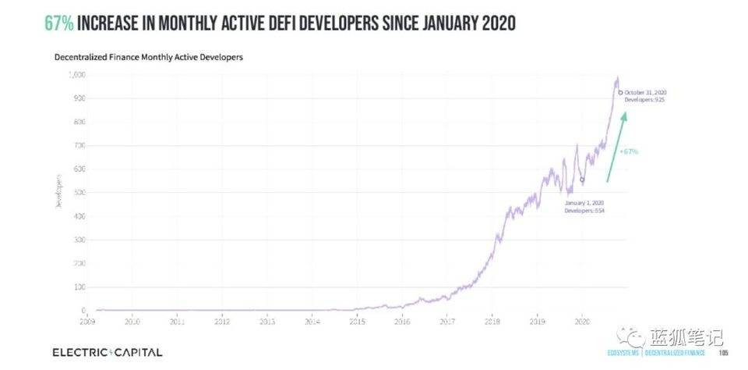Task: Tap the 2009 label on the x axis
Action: click(87, 320)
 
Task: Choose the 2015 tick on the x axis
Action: click(357, 320)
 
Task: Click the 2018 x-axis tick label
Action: click(492, 320)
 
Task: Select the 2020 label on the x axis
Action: click(581, 320)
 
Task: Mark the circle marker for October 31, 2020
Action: click(619, 93)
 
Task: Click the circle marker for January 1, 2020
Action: click(581, 180)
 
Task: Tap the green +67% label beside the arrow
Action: click(628, 151)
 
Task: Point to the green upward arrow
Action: click(616, 148)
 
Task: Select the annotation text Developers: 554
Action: click(584, 210)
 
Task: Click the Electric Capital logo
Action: click(108, 352)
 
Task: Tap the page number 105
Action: click(723, 353)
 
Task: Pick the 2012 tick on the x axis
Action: click(222, 320)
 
